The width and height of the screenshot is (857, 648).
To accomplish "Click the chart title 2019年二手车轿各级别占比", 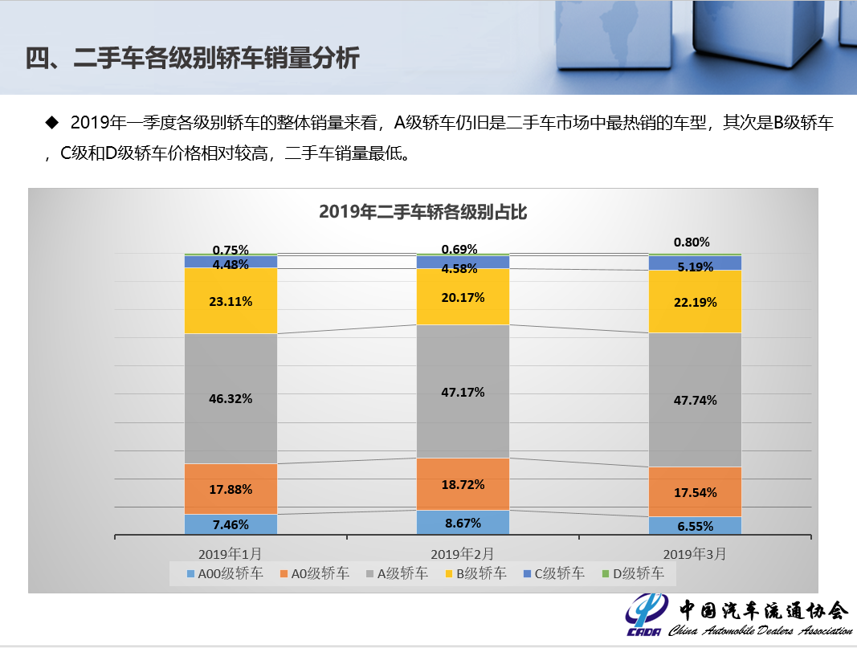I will tap(422, 212).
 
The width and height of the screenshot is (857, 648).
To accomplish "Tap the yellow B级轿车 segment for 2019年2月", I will tap(463, 313).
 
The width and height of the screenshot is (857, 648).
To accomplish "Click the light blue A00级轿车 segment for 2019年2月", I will tap(463, 523).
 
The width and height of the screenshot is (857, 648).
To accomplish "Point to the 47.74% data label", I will tap(696, 400).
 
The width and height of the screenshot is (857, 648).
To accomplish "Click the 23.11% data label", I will tap(231, 302).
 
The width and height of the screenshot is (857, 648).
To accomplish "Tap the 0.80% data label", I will tap(692, 242).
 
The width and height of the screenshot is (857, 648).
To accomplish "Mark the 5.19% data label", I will tap(696, 267).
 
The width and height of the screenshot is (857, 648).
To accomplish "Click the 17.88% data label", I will tap(231, 489).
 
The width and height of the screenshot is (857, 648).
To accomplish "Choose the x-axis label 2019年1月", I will tap(231, 553).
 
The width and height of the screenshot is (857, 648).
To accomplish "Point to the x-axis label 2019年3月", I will tap(694, 553).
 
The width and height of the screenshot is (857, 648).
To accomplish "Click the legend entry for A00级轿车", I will tap(224, 573).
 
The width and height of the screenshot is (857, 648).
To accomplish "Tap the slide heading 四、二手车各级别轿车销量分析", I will tap(193, 59).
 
